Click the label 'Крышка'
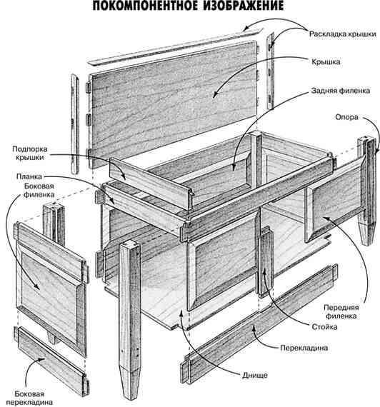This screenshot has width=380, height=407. coord(326,62)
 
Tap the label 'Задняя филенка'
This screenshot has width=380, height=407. coord(340,91)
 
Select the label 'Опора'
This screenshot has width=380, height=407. coord(346,117)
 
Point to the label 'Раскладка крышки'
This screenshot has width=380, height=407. coord(343,34)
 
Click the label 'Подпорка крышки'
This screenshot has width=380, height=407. coord(30,154)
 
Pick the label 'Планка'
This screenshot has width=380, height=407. coord(29,177)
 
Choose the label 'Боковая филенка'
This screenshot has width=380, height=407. coord(39,190)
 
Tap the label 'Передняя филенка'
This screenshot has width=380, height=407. coord(341,312)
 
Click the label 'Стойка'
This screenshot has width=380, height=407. coord(324,327)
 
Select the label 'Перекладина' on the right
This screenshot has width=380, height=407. coord(304,348)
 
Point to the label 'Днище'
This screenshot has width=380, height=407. coord(254,376)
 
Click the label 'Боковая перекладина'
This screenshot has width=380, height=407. coord(29,398)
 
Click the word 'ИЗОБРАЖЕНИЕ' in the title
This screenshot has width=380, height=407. coord(243,6)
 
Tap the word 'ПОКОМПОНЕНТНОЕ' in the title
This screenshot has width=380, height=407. coord(145,6)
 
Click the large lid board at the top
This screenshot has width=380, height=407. coord(173,104)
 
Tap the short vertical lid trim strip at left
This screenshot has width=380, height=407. coord(75,124)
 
